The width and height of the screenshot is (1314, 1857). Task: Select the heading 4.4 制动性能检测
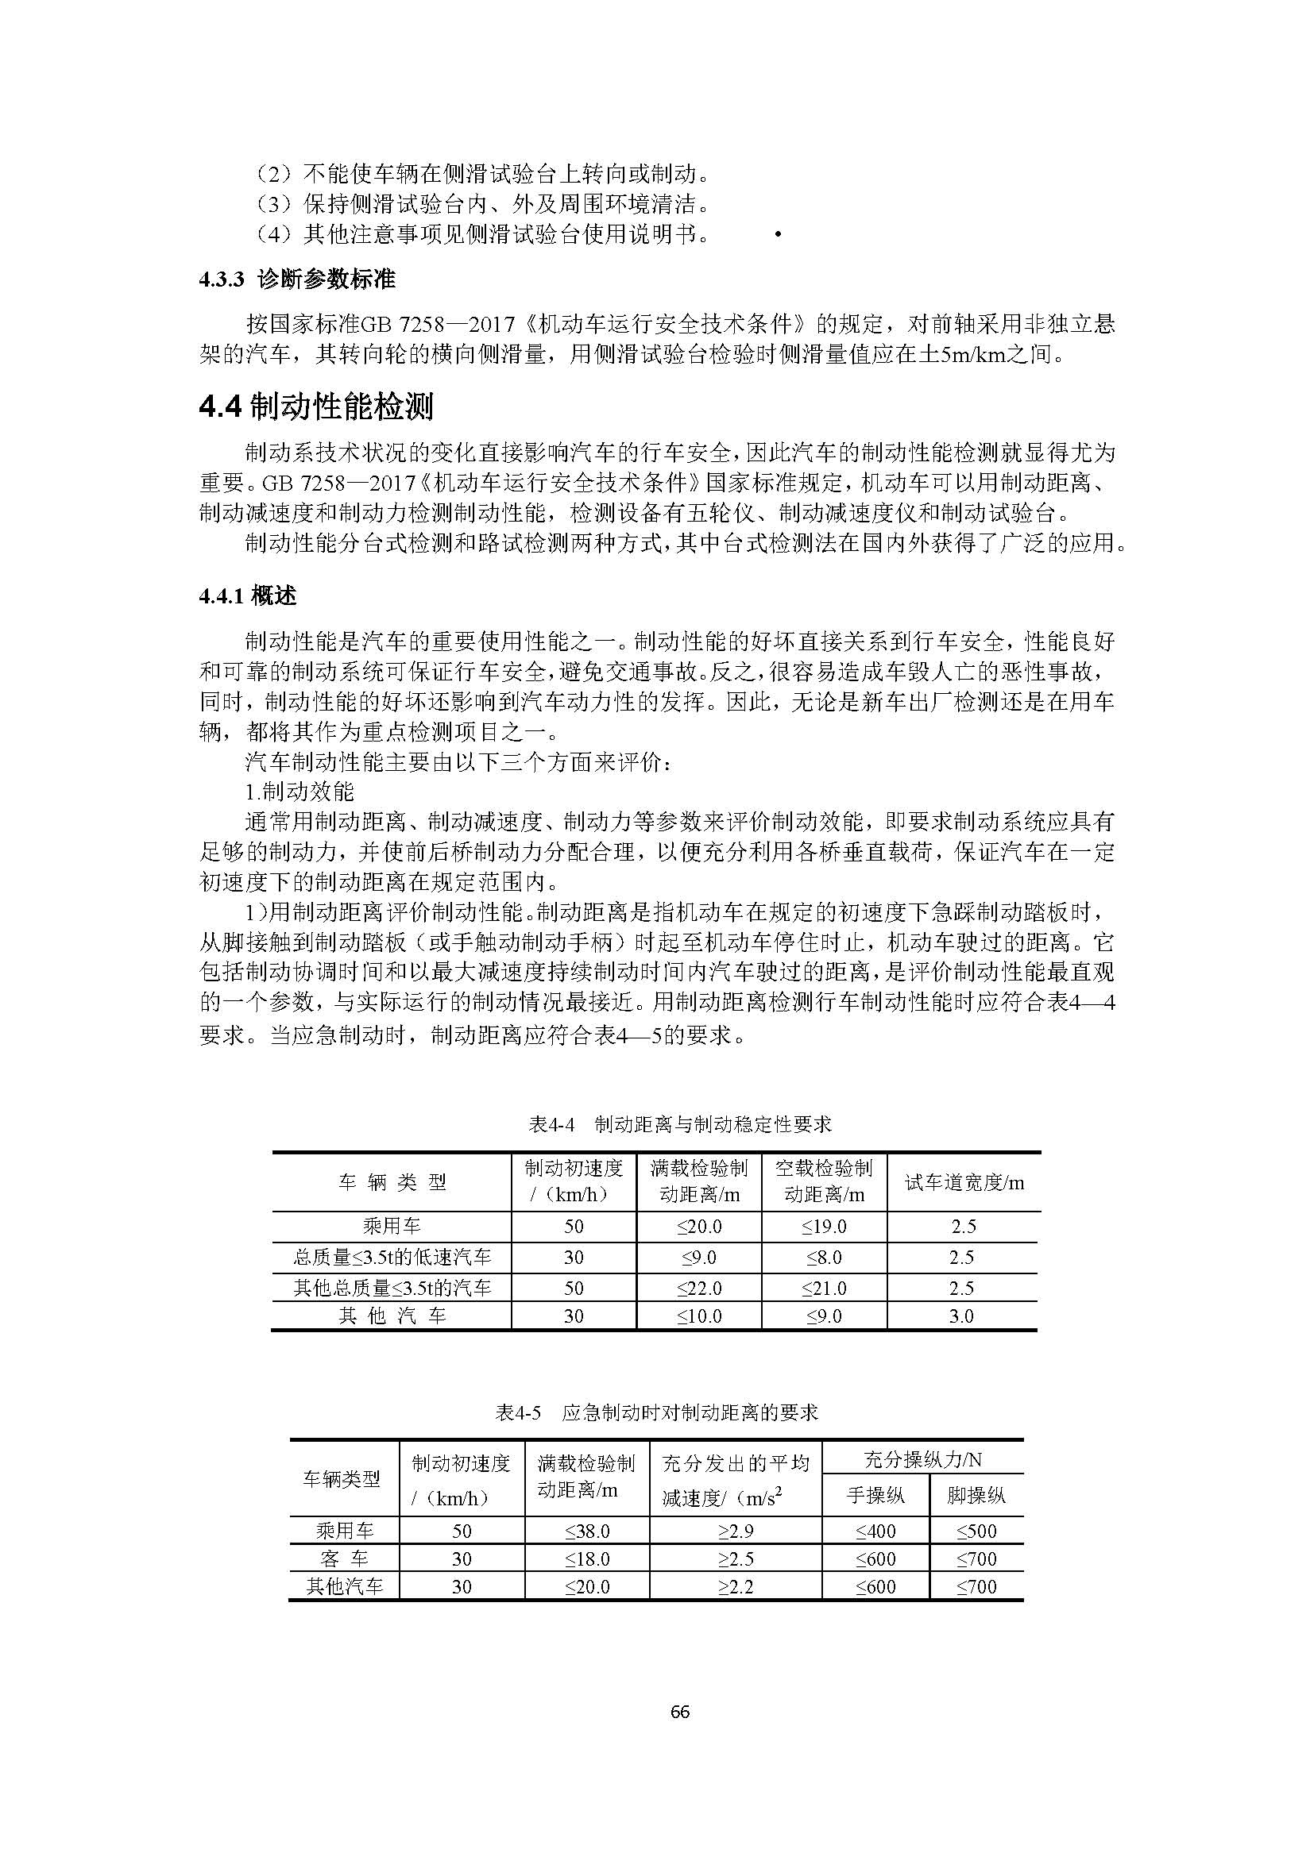click(316, 406)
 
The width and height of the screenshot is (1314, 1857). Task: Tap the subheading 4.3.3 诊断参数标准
click(298, 279)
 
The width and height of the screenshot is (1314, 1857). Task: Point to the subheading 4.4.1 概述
click(249, 596)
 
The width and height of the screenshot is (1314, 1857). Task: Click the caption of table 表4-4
click(680, 1123)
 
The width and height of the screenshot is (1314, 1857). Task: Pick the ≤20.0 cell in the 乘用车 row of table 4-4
click(699, 1226)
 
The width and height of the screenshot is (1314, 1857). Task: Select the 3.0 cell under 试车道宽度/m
click(961, 1316)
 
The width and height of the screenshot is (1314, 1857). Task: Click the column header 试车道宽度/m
click(964, 1182)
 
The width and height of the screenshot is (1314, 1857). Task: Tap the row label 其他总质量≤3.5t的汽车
click(392, 1288)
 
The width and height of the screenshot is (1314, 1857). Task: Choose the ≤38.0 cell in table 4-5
click(586, 1531)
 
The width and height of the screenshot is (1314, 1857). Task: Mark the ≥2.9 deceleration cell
click(735, 1531)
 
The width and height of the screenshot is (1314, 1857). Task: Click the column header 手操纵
click(875, 1495)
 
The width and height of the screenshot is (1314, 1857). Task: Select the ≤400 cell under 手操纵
click(875, 1531)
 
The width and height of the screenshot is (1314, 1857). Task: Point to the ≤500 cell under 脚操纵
click(976, 1531)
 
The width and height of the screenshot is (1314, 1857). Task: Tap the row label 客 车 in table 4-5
click(345, 1558)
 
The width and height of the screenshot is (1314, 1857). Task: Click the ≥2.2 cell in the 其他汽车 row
click(735, 1587)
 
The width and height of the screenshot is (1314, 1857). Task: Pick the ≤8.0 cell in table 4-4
click(824, 1258)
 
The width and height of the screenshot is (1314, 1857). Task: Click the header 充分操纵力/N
click(922, 1459)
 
